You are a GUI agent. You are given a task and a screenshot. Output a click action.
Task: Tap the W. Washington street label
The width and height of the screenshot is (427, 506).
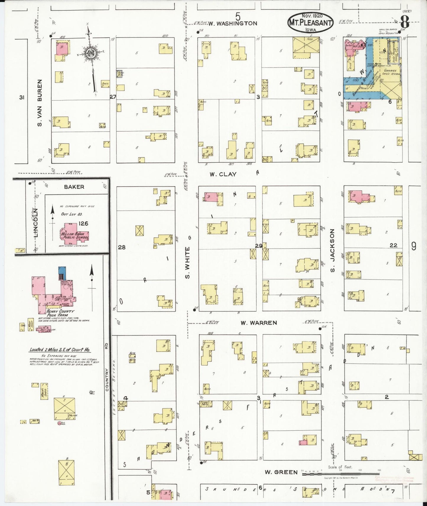[x=233, y=23]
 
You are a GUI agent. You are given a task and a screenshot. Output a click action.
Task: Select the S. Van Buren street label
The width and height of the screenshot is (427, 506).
[x=40, y=103]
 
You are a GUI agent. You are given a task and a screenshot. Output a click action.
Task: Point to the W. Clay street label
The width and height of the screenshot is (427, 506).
[x=223, y=174]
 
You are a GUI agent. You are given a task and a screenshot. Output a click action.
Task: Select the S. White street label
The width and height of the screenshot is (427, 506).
[x=187, y=263]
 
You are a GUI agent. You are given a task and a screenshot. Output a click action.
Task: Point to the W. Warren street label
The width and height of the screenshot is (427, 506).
[x=259, y=323]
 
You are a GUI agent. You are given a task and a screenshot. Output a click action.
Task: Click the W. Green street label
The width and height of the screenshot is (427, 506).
[x=281, y=472]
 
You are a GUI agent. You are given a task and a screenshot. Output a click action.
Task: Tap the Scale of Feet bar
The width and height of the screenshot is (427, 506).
[x=340, y=473]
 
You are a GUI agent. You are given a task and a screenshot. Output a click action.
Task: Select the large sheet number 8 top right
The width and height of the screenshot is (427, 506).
[x=405, y=22]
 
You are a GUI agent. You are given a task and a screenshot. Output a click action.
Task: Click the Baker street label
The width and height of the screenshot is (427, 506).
[x=74, y=187]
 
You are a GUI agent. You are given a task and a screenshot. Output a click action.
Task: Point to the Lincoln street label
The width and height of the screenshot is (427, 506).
[x=36, y=223]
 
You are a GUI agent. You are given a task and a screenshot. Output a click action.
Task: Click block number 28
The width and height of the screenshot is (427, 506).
[x=122, y=247]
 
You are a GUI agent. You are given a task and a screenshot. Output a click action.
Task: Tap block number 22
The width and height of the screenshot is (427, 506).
[x=393, y=245]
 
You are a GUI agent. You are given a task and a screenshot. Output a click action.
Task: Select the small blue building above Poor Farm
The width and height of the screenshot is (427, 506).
[x=62, y=273]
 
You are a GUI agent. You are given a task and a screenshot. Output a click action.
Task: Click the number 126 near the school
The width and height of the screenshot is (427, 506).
[x=83, y=223]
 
